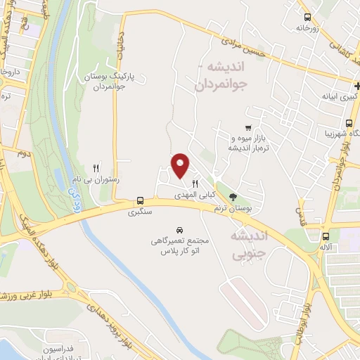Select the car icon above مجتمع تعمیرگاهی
pos(180,230)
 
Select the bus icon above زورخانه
pos(307,18)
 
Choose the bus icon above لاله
pos(325,236)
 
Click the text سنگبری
pos(140,211)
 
